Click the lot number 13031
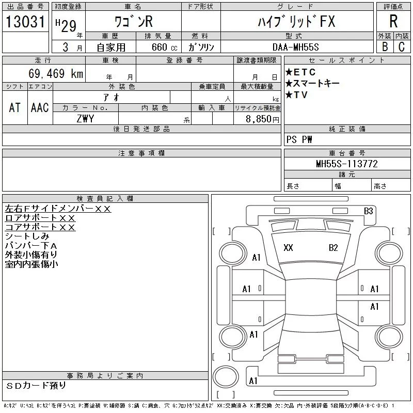tap(25, 22)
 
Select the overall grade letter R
tap(393, 21)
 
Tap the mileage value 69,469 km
tap(56, 73)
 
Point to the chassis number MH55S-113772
tap(347, 164)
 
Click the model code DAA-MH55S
tap(295, 47)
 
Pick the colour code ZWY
tap(85, 119)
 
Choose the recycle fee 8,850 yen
tap(262, 119)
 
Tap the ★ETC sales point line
tap(300, 72)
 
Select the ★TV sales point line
tap(296, 95)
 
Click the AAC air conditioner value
tap(40, 107)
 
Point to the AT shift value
tap(15, 107)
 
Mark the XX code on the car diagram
tap(288, 248)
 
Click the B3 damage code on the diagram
tap(369, 211)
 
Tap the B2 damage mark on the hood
tap(333, 248)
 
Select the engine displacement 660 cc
tap(164, 47)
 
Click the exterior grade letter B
tap(385, 46)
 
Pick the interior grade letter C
tap(402, 46)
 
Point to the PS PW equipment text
tap(299, 139)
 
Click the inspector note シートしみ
tap(27, 236)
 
